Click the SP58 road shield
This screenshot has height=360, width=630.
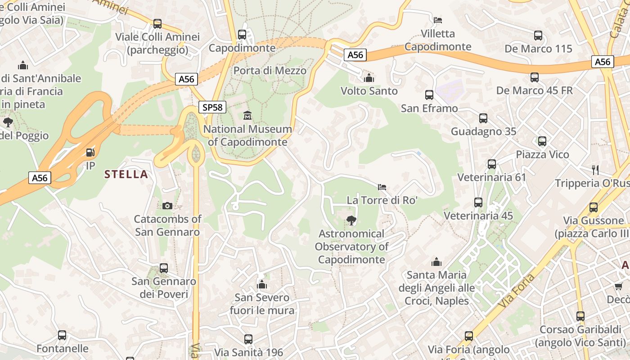coord(212,107)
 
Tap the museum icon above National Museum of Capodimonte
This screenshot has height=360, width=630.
coord(247,116)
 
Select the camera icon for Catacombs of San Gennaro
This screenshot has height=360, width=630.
coord(167,206)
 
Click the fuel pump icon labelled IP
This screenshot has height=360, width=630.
coord(90,152)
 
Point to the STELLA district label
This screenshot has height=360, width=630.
coord(126,175)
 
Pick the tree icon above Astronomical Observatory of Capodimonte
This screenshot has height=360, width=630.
coord(351,220)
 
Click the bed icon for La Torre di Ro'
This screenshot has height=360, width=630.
coord(382,187)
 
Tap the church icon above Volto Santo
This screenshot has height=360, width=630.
coord(369,78)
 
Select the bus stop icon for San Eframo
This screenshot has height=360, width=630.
coord(429,95)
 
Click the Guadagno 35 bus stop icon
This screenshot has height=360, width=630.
coord(483,118)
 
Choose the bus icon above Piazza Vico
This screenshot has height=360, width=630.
coord(542,141)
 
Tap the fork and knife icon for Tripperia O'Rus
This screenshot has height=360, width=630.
coord(595,170)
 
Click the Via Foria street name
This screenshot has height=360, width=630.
coord(517,291)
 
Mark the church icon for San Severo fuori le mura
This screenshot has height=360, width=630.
coord(262,284)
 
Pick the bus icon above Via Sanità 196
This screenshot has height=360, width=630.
coord(248,339)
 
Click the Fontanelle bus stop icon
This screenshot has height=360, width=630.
coord(62,335)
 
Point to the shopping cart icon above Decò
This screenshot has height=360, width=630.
coord(619,286)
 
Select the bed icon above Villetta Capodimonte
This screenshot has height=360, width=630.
coord(437,20)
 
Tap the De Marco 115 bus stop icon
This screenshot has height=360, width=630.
coord(538,36)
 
